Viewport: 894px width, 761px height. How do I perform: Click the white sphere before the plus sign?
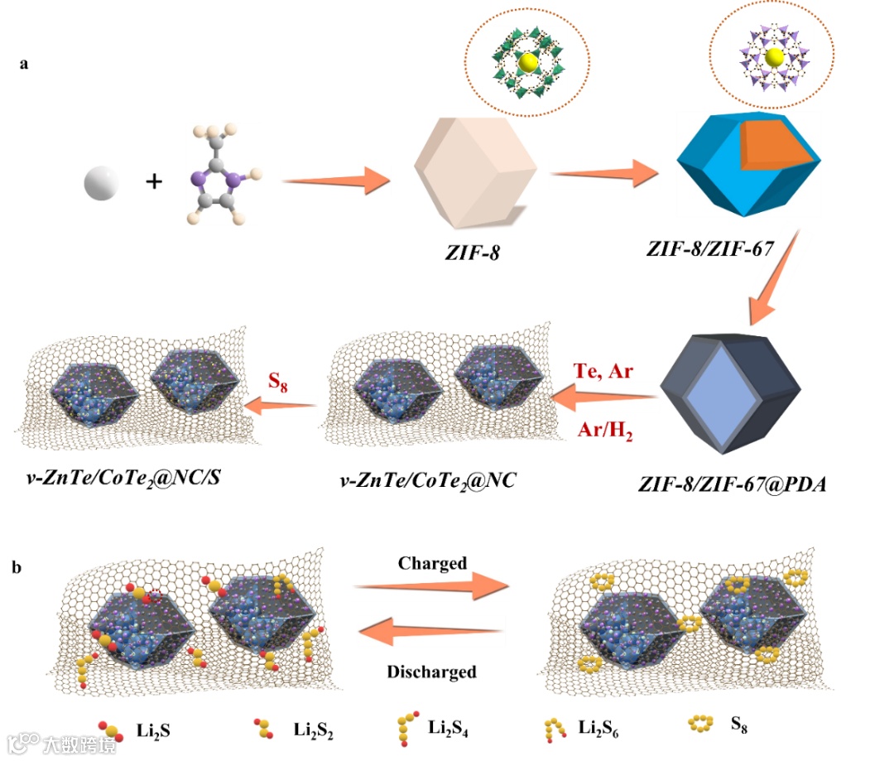point(101,182)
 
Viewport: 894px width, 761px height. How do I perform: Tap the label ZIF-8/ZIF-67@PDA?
point(732,484)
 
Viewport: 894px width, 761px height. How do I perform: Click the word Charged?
point(432,563)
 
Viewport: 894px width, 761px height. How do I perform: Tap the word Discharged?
point(431,672)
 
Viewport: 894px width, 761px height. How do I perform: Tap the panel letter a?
point(24,63)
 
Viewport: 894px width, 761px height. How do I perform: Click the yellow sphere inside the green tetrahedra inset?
point(527,63)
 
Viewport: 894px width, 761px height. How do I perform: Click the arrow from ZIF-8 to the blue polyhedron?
point(601,174)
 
